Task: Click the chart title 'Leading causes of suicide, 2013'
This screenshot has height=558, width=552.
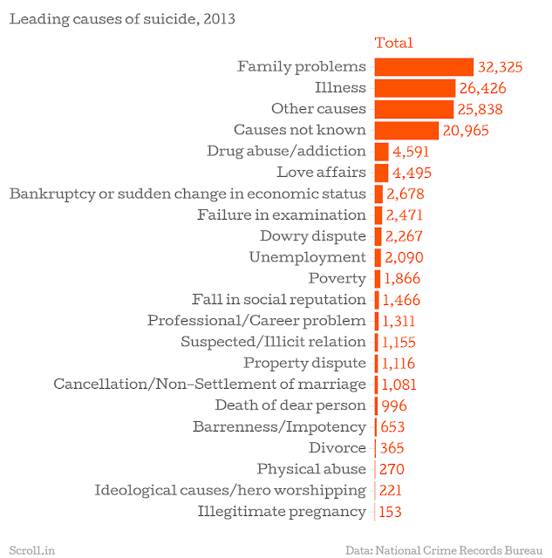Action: [x=122, y=17]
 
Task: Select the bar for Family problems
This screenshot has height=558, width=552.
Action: [x=424, y=66]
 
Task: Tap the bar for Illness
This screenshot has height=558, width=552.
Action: [x=415, y=87]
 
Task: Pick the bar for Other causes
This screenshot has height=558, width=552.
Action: [x=413, y=109]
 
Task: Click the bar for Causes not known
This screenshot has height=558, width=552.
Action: [x=406, y=130]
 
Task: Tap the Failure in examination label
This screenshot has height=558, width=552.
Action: [x=282, y=214]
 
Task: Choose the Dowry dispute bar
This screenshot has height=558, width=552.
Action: [x=378, y=236]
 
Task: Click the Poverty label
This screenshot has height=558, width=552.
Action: [x=337, y=278]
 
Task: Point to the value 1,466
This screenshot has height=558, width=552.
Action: [x=401, y=300]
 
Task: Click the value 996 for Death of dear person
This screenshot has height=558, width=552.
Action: [x=393, y=405]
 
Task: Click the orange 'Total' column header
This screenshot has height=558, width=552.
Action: [x=393, y=43]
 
